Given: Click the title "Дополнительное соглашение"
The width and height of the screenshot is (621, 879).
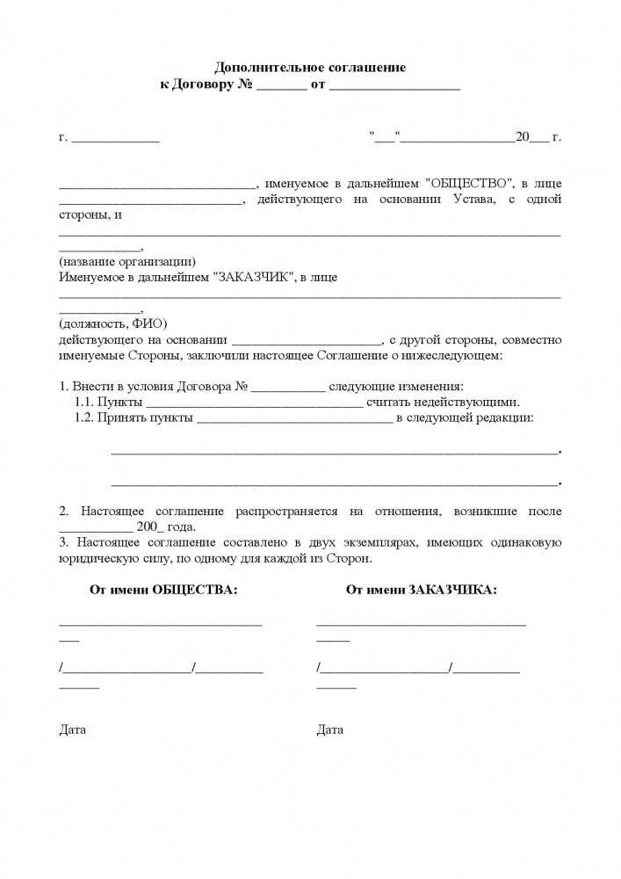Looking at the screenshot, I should pos(310,68).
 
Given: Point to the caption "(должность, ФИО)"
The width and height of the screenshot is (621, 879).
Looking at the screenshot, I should pos(112,323).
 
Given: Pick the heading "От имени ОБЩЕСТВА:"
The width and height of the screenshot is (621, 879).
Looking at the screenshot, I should pos(163,589).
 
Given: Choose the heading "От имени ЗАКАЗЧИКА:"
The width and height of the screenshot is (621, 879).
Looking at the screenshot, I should pos(422,589).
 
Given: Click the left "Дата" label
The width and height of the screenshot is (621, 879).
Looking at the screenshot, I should pos(73,730).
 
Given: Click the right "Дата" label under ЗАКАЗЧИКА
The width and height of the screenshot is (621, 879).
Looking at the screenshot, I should pos(330,730).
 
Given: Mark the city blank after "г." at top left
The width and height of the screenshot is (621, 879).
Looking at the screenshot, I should pos(115,138).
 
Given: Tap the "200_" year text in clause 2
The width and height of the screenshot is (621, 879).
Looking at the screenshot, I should pos(149,527).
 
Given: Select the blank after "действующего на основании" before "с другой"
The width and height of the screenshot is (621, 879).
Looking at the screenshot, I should pos(307,339).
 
